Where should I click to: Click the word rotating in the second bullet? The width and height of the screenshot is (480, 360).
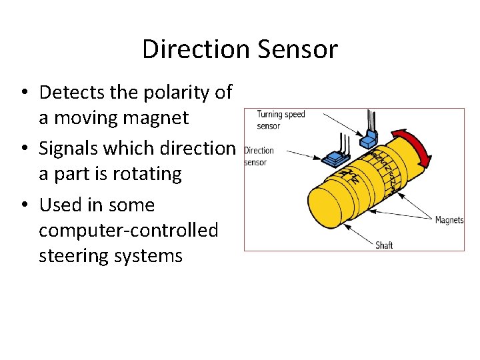[147, 173]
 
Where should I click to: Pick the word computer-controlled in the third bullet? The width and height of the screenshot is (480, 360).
[128, 230]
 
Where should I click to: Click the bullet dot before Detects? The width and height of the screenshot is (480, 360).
[25, 93]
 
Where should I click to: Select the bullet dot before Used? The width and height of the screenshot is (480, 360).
[25, 205]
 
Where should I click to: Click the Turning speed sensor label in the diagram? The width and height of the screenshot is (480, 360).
[281, 119]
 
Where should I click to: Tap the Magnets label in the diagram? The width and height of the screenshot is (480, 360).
[449, 220]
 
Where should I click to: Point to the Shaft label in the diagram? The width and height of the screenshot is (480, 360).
[385, 245]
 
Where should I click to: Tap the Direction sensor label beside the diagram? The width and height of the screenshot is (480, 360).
[259, 156]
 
